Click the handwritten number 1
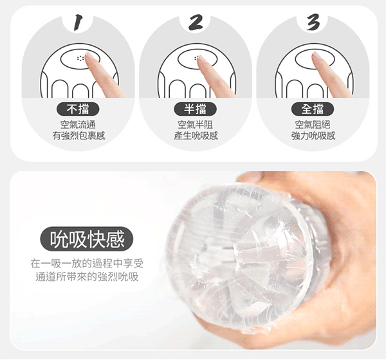tap(78, 22)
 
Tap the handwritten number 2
tap(196, 22)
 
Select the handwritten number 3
tap(313, 22)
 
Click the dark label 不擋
tap(78, 109)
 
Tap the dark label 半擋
tap(195, 109)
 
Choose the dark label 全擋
tap(313, 109)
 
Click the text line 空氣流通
tap(78, 125)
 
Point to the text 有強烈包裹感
tap(78, 136)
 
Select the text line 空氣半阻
tap(195, 125)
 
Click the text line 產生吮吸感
tap(196, 136)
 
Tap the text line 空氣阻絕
tap(313, 125)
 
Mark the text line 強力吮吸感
tap(313, 136)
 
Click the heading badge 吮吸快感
tap(87, 239)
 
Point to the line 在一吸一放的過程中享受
tap(87, 264)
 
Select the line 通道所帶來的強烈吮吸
tap(87, 277)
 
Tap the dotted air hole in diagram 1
tap(80, 59)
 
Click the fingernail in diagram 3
tap(316, 56)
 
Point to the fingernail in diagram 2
tap(203, 59)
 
